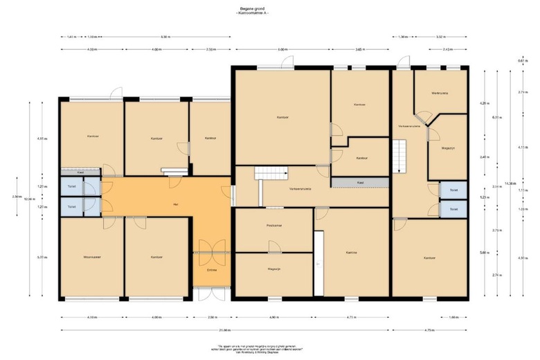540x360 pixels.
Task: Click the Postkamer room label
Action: tap(273, 226)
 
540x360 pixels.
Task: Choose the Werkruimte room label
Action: tap(440, 93)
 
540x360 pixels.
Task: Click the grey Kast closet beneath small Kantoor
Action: tap(360, 182)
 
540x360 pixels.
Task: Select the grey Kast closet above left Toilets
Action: tap(81, 172)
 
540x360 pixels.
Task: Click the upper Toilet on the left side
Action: tap(71, 187)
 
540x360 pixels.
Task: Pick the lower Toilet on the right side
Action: tap(453, 208)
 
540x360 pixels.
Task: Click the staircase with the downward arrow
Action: tap(399, 156)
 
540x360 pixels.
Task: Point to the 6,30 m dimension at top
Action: tap(165, 36)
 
